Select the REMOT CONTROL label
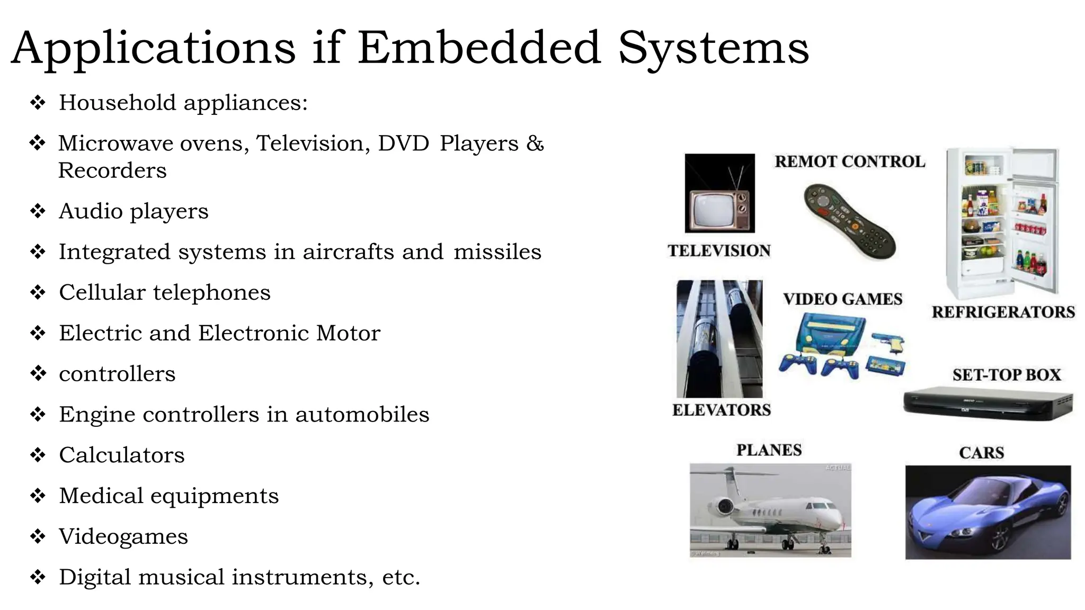tap(850, 162)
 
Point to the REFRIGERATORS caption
tap(1003, 312)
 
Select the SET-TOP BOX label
tap(1006, 375)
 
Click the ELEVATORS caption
tap(721, 410)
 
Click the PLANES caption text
tap(769, 450)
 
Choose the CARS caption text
tap(981, 453)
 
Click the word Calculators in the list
tap(121, 455)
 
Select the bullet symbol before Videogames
tap(38, 536)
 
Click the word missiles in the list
tap(497, 252)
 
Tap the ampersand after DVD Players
tap(535, 143)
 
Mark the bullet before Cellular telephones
tap(38, 292)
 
